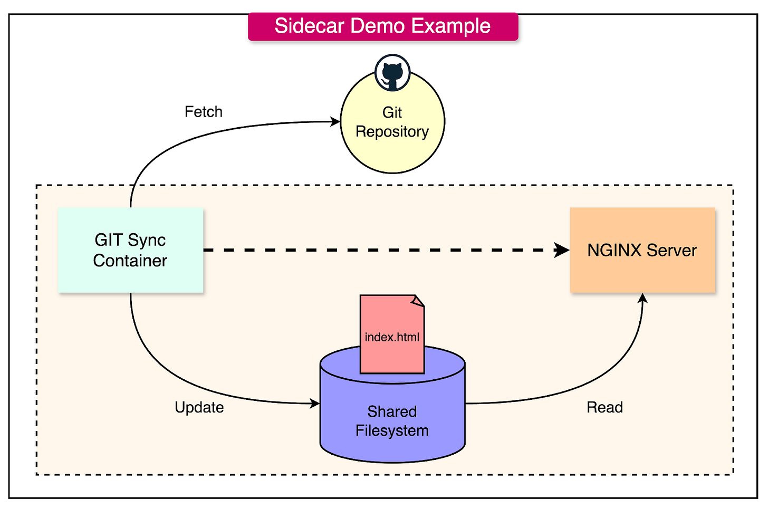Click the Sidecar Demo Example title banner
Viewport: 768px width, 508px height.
(x=383, y=26)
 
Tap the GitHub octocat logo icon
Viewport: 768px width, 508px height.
(x=392, y=73)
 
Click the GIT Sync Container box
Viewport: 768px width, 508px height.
(x=130, y=250)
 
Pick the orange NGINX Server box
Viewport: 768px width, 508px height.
(x=642, y=250)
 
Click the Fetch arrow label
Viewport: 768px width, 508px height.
(x=204, y=112)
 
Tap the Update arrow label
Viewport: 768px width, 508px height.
(x=199, y=407)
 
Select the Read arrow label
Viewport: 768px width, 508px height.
(x=604, y=407)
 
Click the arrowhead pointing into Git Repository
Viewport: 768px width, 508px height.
(x=335, y=122)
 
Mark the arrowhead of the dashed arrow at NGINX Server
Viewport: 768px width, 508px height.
(x=562, y=250)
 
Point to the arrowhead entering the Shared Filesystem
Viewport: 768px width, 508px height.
(x=315, y=404)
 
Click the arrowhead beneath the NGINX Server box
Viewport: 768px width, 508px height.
(x=642, y=299)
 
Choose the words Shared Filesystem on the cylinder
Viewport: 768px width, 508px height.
(x=392, y=421)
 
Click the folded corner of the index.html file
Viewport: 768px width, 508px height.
(x=418, y=301)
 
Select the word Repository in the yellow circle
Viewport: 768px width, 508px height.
(x=392, y=131)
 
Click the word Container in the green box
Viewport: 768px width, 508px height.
(x=130, y=261)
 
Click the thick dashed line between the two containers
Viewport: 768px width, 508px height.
(x=380, y=250)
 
